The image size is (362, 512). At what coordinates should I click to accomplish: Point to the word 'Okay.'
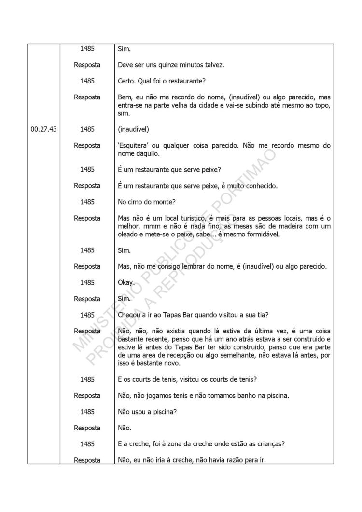126,283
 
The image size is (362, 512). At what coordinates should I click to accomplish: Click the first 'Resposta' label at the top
87,65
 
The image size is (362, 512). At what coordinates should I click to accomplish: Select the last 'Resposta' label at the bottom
87,460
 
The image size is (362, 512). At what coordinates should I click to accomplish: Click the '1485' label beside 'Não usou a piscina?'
87,412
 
